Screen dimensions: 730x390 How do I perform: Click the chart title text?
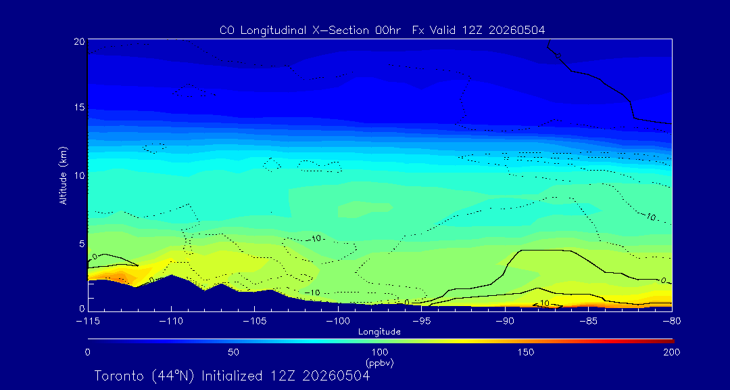382,30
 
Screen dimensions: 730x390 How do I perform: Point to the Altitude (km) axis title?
64,175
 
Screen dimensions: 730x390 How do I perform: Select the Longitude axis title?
379,332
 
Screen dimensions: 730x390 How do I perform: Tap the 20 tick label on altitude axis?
78,41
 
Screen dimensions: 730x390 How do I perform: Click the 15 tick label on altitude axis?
78,108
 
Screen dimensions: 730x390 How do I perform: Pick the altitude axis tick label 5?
82,244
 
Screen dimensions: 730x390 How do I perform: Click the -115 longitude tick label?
87,322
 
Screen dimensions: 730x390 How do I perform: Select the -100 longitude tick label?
338,322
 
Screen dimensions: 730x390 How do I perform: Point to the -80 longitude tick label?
672,322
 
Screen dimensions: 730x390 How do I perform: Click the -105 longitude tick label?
254,322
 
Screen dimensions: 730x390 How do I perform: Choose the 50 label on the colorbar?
234,352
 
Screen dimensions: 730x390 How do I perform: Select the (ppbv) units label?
380,362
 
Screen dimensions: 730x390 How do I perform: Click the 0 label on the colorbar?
87,352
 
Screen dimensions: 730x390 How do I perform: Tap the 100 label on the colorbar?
380,352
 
